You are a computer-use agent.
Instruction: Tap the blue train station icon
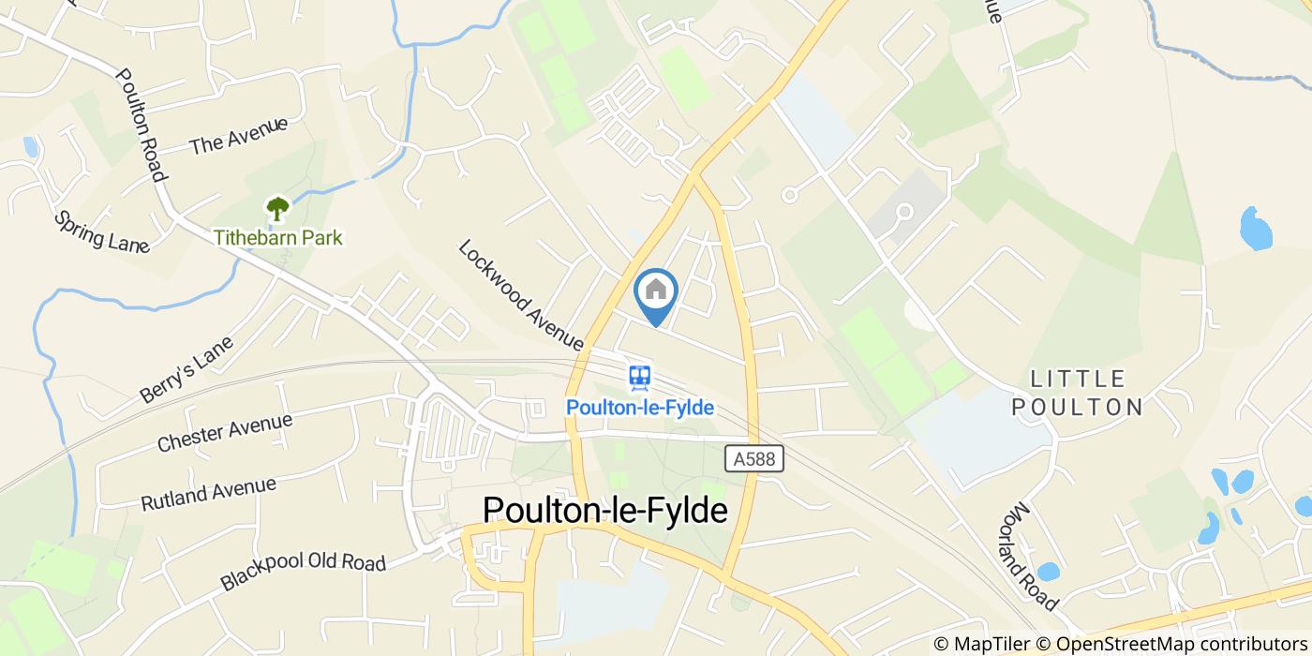coord(640,378)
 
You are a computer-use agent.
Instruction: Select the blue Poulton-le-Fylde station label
coord(640,408)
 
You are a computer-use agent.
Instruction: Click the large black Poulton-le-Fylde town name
coord(604,511)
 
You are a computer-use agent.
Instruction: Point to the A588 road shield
coord(754,458)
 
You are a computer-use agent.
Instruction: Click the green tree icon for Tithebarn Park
coord(277,207)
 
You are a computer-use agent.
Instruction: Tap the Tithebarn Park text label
coord(278,237)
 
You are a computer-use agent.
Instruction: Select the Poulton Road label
coord(142,125)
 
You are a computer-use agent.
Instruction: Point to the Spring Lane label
coord(101,231)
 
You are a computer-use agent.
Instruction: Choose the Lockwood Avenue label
coord(522,293)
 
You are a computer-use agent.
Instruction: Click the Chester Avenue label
coord(225,432)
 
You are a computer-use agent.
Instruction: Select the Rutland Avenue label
coord(208,494)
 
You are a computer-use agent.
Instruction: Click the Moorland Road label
coord(1034,557)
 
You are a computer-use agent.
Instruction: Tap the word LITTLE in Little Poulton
coord(1077,379)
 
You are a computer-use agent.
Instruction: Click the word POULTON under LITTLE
coord(1086,407)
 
